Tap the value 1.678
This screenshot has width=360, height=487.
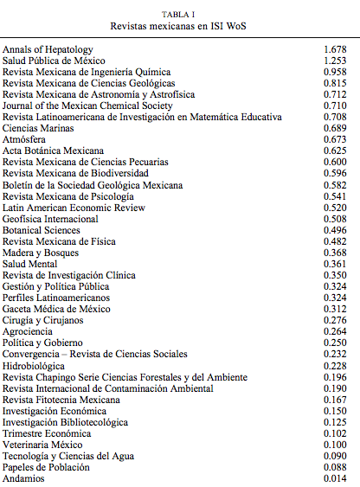334,50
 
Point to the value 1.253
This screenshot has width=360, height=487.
334,61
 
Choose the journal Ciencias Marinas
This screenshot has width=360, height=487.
38,128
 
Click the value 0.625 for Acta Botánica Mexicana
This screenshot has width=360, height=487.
334,151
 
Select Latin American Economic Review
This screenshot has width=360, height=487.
74,208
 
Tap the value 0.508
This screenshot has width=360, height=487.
334,219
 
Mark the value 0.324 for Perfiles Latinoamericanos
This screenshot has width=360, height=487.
334,298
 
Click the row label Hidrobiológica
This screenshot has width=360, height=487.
36,365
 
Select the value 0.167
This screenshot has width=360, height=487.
334,399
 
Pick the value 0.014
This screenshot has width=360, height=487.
334,477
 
